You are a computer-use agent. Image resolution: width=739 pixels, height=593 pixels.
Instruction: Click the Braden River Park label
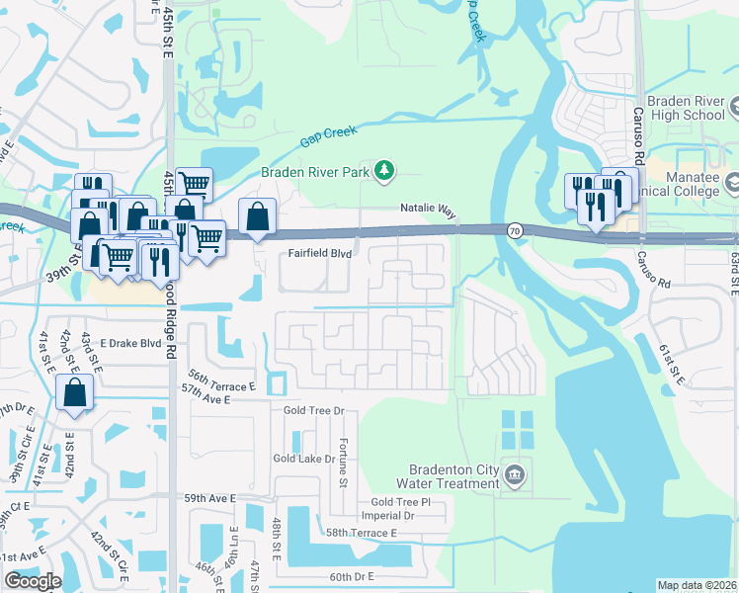(x=315, y=172)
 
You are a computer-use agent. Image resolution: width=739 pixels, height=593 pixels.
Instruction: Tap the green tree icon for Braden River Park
(x=385, y=172)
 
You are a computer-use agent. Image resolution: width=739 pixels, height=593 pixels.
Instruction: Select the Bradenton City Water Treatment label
(x=447, y=476)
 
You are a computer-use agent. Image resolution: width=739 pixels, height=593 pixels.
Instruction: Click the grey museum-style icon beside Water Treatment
(x=515, y=476)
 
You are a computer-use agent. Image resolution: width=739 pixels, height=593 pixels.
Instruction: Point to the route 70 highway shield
(x=516, y=230)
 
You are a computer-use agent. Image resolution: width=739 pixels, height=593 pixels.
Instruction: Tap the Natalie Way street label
(x=428, y=210)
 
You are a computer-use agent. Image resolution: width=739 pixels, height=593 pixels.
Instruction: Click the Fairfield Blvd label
(x=320, y=253)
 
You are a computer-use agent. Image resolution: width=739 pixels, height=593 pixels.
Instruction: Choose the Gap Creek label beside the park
(x=327, y=135)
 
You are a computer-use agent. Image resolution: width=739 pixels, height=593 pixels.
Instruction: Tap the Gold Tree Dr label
(x=312, y=410)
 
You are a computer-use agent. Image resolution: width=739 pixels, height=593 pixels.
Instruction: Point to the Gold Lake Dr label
(x=306, y=459)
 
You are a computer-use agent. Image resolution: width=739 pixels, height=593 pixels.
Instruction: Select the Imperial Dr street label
(x=387, y=516)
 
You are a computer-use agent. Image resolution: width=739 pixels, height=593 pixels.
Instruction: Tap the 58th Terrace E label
(x=362, y=533)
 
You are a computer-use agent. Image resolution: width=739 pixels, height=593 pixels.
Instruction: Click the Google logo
(x=33, y=581)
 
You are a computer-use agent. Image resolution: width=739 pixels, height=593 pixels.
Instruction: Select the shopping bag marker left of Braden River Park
(x=257, y=216)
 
